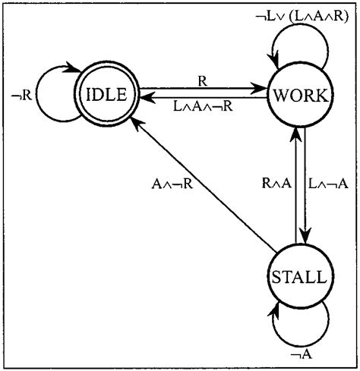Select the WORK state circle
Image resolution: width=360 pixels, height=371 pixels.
tap(302, 96)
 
